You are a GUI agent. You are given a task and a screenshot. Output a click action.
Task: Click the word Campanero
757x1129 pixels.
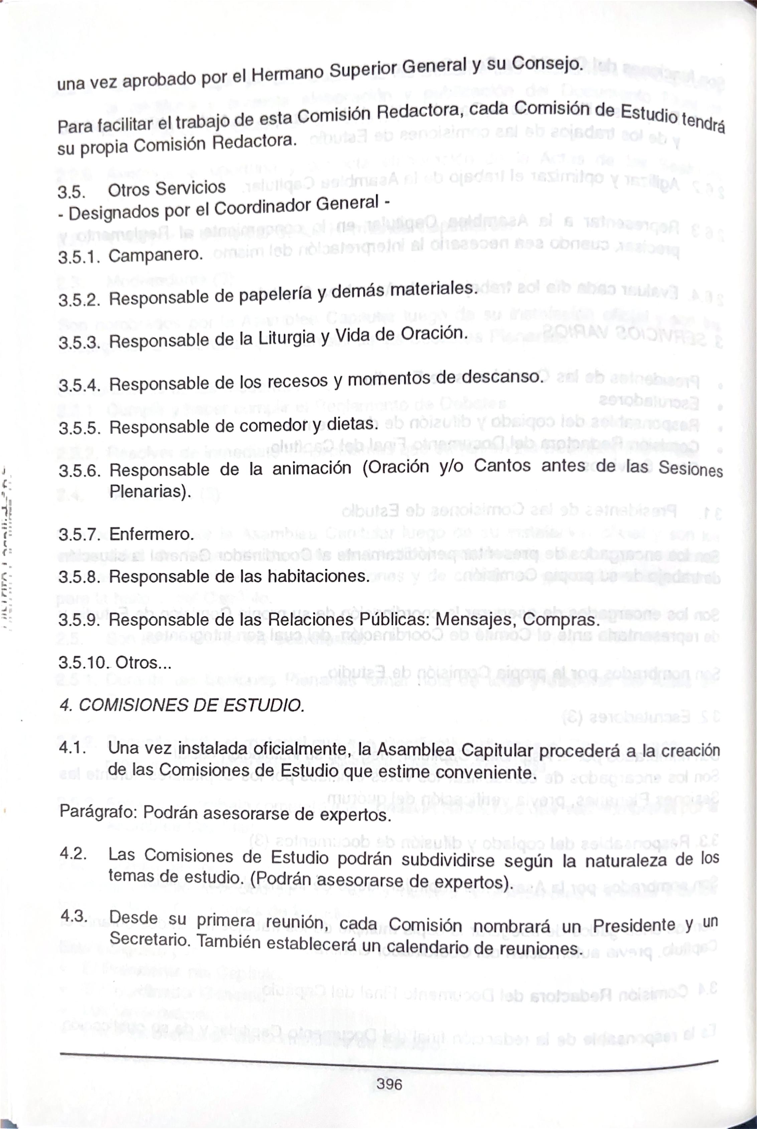point(155,255)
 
